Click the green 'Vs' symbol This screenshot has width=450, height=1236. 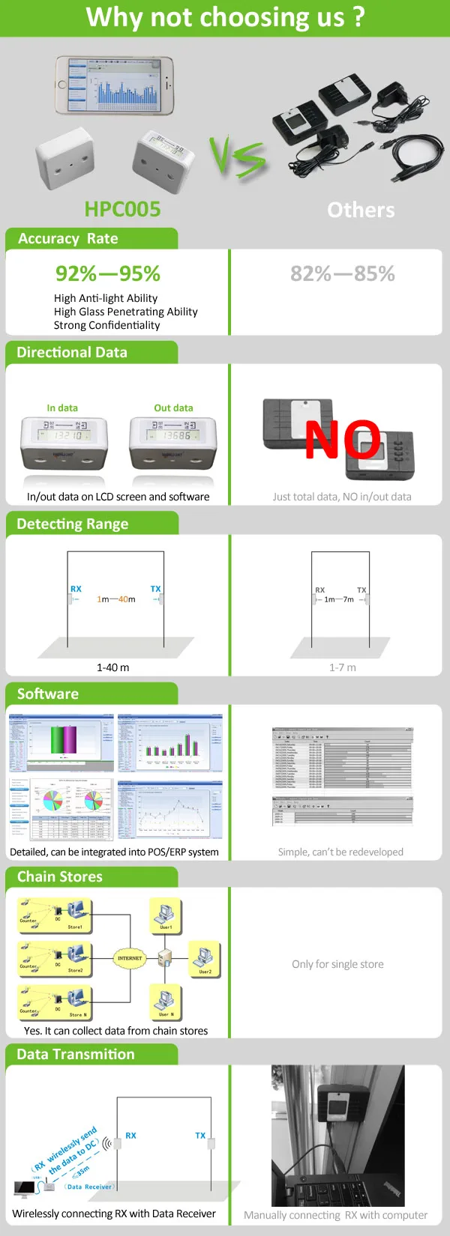click(x=238, y=157)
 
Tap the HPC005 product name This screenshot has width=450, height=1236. click(x=122, y=209)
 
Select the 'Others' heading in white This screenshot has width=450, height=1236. click(x=361, y=210)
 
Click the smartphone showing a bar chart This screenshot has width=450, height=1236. click(x=115, y=85)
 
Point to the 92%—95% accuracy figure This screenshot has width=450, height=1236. click(x=108, y=273)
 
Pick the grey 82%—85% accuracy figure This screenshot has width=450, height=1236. click(x=343, y=273)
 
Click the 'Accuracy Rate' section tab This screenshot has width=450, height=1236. click(x=68, y=238)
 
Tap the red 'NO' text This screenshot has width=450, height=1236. click(x=342, y=440)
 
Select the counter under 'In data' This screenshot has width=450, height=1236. click(x=64, y=443)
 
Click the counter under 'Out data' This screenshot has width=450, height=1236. click(x=173, y=443)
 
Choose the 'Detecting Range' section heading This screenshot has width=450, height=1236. click(x=73, y=524)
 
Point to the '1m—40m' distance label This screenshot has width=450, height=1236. click(x=116, y=599)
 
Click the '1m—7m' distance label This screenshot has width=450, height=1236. click(x=339, y=599)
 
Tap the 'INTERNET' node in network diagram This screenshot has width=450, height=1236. click(x=130, y=958)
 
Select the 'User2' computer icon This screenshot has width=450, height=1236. click(x=204, y=957)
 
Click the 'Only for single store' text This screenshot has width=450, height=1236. click(x=337, y=964)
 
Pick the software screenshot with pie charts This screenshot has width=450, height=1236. click(x=61, y=809)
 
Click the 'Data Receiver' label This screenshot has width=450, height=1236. click(x=89, y=1187)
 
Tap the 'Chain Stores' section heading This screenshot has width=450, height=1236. click(x=60, y=876)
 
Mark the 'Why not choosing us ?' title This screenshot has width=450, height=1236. click(x=225, y=17)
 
